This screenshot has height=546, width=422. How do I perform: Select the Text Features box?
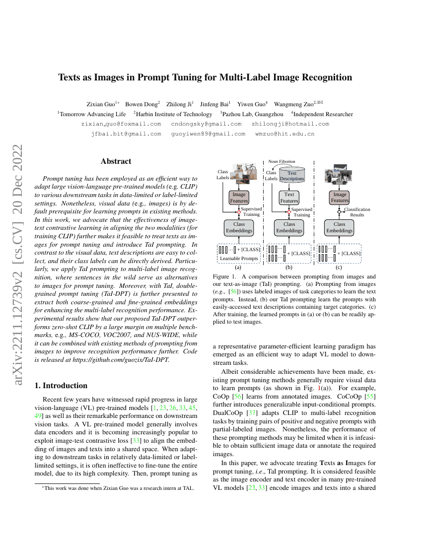click(x=289, y=198)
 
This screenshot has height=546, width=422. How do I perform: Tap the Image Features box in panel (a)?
click(x=239, y=198)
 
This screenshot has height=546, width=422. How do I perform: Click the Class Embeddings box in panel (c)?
click(x=340, y=227)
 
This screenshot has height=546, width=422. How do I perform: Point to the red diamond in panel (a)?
click(x=239, y=212)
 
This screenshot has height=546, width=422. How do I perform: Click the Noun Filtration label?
click(x=281, y=161)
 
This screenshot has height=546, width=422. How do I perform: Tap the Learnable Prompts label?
click(x=239, y=258)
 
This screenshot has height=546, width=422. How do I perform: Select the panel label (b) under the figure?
click(x=289, y=266)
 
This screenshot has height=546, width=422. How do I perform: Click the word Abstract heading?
click(x=116, y=161)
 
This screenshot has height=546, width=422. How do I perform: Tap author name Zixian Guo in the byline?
click(x=100, y=104)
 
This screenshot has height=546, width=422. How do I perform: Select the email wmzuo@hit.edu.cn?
click(x=284, y=134)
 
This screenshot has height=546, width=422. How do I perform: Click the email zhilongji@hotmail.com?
click(x=290, y=124)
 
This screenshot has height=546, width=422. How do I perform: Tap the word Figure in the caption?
click(x=221, y=276)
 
